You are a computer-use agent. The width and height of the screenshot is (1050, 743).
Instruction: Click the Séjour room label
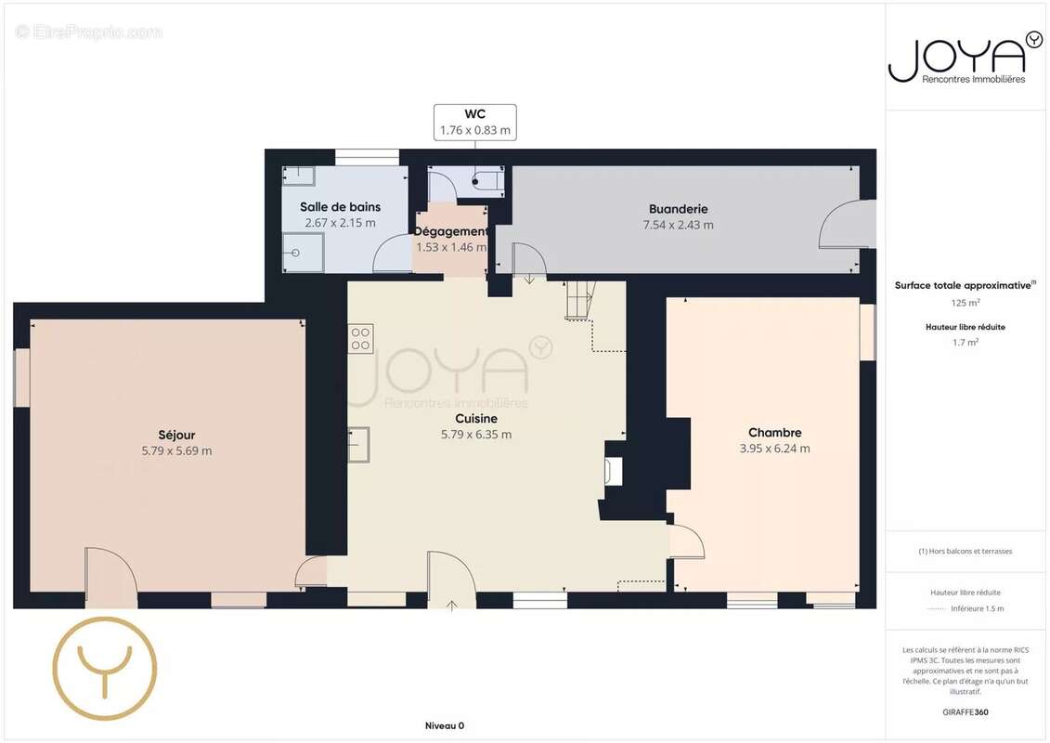coord(176,435)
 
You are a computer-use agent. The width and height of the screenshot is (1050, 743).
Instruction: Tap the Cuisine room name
coord(476,419)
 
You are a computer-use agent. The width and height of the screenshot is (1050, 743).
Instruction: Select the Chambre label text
coord(775,433)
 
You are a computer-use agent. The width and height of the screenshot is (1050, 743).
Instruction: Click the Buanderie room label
coord(679,209)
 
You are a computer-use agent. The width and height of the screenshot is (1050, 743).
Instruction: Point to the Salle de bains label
coord(340,207)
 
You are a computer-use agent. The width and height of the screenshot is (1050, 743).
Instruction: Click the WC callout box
coord(474,122)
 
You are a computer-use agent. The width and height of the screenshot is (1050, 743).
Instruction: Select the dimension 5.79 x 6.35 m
coord(476,435)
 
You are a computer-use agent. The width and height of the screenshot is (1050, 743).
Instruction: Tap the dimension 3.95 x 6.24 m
coord(775,449)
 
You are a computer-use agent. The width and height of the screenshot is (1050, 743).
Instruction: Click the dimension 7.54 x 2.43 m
coord(679,225)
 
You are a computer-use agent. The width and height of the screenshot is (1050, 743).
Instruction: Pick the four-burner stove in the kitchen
coord(360,338)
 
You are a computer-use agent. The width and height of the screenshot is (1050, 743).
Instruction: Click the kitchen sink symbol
coord(358,445)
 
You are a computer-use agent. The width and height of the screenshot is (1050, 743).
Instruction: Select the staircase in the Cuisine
coord(580,299)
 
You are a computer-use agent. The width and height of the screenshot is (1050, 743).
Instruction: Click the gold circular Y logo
coord(105,668)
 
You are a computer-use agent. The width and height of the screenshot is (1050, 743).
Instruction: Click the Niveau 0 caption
coord(445,725)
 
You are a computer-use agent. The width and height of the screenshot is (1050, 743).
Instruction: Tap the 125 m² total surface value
coord(966,303)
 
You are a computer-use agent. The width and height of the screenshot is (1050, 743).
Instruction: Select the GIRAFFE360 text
coord(965,712)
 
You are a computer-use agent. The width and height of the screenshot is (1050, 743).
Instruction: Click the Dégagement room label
coord(450,231)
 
